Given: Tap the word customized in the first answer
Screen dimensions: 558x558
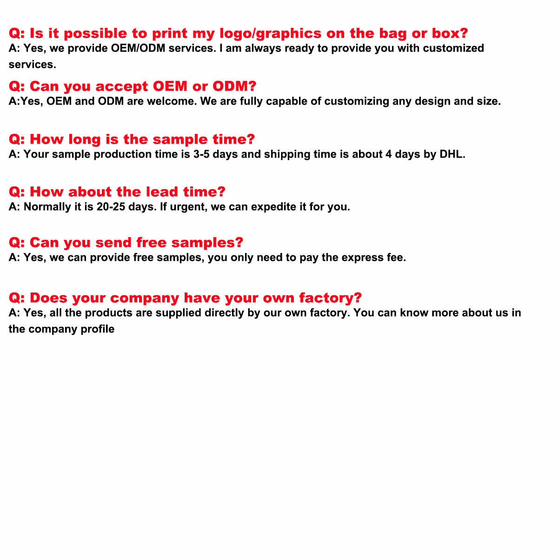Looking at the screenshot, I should coord(453,48).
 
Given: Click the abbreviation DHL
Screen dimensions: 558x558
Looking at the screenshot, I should coord(452,154).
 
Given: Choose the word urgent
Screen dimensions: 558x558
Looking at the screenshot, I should coord(188,207).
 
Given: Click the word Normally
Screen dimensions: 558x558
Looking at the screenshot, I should coord(47,207).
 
